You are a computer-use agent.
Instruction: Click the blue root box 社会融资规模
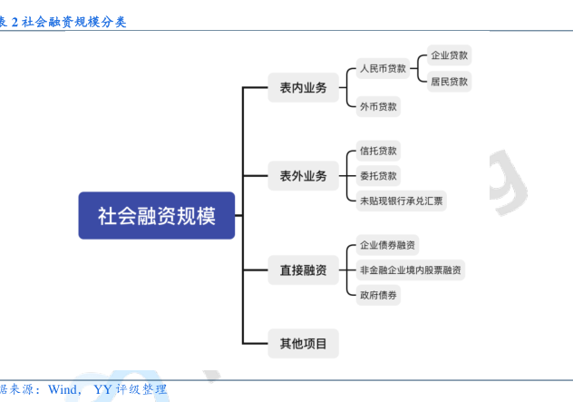(x=157, y=215)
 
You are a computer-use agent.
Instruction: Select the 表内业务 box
(x=304, y=87)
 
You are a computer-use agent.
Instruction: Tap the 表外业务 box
(x=304, y=176)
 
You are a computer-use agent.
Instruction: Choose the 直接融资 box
(x=304, y=270)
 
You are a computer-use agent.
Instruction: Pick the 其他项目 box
(x=304, y=344)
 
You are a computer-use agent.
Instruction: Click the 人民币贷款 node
(x=383, y=68)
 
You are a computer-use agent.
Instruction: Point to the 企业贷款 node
(x=449, y=55)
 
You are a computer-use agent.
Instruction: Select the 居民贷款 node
(x=449, y=82)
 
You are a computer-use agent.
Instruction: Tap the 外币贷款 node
(x=378, y=106)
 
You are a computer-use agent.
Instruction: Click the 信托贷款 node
(x=378, y=151)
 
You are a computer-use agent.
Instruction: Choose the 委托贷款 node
(x=378, y=176)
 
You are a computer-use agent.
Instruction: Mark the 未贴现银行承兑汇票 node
(x=402, y=201)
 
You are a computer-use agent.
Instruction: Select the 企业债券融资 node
(x=387, y=245)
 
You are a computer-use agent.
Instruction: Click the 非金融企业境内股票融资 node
(x=411, y=270)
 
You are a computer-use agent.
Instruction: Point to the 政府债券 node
(x=378, y=295)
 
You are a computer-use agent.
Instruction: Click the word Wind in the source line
(x=63, y=389)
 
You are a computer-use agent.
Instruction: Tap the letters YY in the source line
(x=102, y=389)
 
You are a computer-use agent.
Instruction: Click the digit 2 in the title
(x=15, y=22)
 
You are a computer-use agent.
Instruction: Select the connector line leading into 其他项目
(x=255, y=344)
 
